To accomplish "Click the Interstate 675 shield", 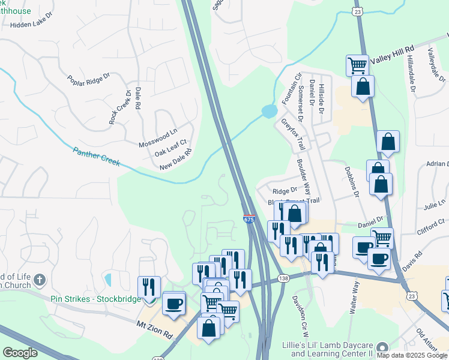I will click(x=249, y=219).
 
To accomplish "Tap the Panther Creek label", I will click(x=97, y=157).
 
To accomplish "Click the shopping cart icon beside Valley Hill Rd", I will click(x=357, y=64).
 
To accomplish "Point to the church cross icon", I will click(x=40, y=280).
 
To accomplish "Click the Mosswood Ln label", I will click(x=158, y=137).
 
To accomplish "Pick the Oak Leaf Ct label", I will click(x=171, y=148).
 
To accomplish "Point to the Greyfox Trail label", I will click(x=294, y=134).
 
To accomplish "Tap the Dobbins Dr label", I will click(x=351, y=182).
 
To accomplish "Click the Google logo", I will click(x=20, y=353).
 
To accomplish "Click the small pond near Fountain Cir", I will click(x=269, y=111).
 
